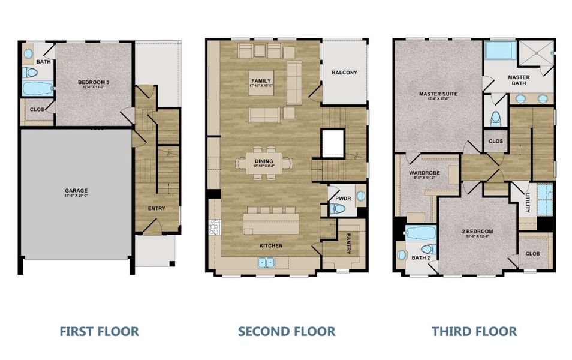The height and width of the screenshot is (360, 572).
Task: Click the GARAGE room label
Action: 76,191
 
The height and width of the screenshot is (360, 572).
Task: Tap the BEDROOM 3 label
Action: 93,82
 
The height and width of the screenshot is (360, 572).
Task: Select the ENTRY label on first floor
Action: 156,208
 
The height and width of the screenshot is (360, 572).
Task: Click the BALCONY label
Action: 344,73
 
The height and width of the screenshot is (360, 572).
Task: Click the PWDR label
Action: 343,197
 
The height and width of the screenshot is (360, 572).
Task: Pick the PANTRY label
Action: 348,244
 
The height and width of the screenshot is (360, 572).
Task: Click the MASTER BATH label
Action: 519,80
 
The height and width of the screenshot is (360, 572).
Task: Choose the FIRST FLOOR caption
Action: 99,331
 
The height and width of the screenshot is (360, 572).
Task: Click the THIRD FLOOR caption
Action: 474,331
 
